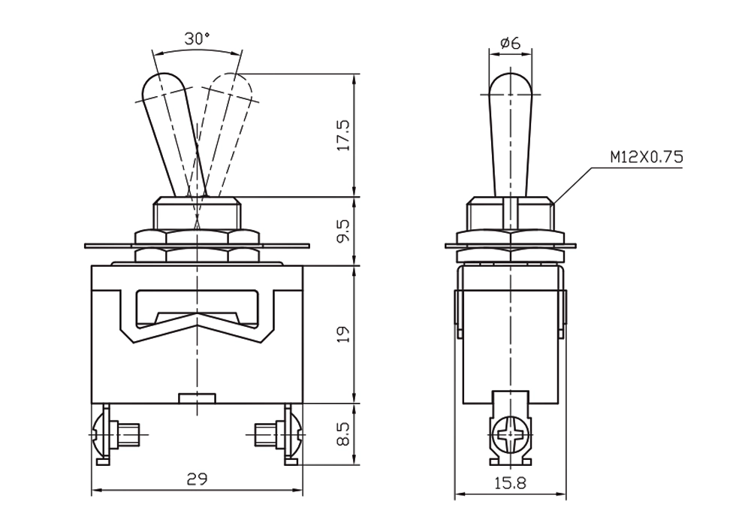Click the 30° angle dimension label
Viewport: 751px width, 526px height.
[x=198, y=39]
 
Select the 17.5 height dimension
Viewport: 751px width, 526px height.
[x=344, y=135]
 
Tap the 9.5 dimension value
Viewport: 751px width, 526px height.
[x=344, y=231]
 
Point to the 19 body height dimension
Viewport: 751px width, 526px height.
[x=344, y=334]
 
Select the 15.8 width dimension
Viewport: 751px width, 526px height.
[x=510, y=483]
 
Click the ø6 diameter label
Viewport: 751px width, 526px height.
[x=510, y=43]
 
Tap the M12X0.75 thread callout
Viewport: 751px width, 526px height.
[x=647, y=157]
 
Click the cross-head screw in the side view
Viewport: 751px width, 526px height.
[x=510, y=434]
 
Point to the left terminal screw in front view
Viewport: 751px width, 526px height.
[x=115, y=434]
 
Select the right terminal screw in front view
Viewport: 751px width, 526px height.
[x=279, y=434]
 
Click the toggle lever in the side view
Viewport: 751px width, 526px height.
[x=510, y=135]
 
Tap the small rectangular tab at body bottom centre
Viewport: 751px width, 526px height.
[x=197, y=398]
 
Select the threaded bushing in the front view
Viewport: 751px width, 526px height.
[x=197, y=213]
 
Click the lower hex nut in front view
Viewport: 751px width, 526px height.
[x=197, y=255]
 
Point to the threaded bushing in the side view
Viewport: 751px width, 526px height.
[x=510, y=213]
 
